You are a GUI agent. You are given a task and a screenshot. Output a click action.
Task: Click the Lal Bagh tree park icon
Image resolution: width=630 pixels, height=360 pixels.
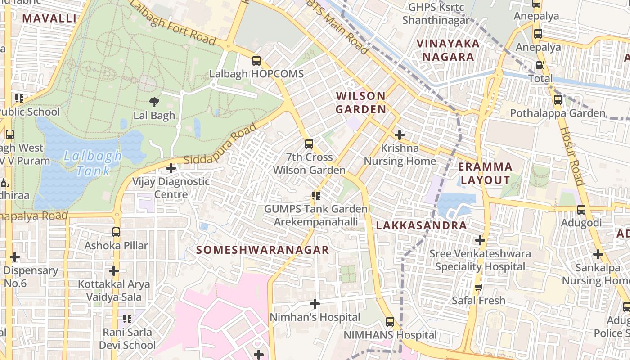(154, 102)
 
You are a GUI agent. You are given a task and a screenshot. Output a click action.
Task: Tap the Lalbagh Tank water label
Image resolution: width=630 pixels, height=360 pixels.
(93, 163)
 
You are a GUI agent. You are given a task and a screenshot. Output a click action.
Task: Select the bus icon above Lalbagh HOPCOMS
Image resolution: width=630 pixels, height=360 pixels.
(256, 61)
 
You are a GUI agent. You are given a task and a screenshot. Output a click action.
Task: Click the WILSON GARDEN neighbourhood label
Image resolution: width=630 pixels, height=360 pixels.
(361, 103)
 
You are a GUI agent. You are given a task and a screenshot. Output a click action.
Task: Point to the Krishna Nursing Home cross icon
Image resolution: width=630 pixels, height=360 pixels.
(399, 135)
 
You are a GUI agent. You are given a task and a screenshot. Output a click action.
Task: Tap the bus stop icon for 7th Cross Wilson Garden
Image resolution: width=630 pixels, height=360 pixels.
(309, 144)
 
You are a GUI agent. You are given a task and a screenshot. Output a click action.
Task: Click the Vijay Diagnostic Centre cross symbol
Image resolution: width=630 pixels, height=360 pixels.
(171, 169)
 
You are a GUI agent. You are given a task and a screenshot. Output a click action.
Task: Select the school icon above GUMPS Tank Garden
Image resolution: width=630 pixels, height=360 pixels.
(316, 196)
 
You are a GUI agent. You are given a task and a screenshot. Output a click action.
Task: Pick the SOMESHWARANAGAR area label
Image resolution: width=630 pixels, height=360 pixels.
(263, 250)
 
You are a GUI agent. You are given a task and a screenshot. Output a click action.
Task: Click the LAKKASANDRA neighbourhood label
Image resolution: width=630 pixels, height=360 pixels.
(422, 226)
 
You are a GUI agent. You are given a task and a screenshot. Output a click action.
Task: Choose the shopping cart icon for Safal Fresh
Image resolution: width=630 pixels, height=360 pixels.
(479, 287)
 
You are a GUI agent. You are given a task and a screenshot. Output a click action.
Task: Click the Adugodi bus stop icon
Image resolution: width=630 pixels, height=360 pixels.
(581, 210)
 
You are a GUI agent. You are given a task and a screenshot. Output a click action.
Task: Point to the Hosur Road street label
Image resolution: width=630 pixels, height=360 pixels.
(571, 155)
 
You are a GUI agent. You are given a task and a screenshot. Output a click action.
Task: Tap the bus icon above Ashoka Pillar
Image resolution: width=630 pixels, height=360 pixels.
(116, 233)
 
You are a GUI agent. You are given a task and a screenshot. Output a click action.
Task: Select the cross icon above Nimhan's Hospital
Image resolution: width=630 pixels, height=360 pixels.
(315, 304)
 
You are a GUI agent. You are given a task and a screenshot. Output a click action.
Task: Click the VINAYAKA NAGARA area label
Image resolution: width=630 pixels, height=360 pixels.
(448, 50)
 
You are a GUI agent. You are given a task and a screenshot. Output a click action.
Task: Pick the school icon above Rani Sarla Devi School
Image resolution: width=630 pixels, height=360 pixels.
(127, 319)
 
